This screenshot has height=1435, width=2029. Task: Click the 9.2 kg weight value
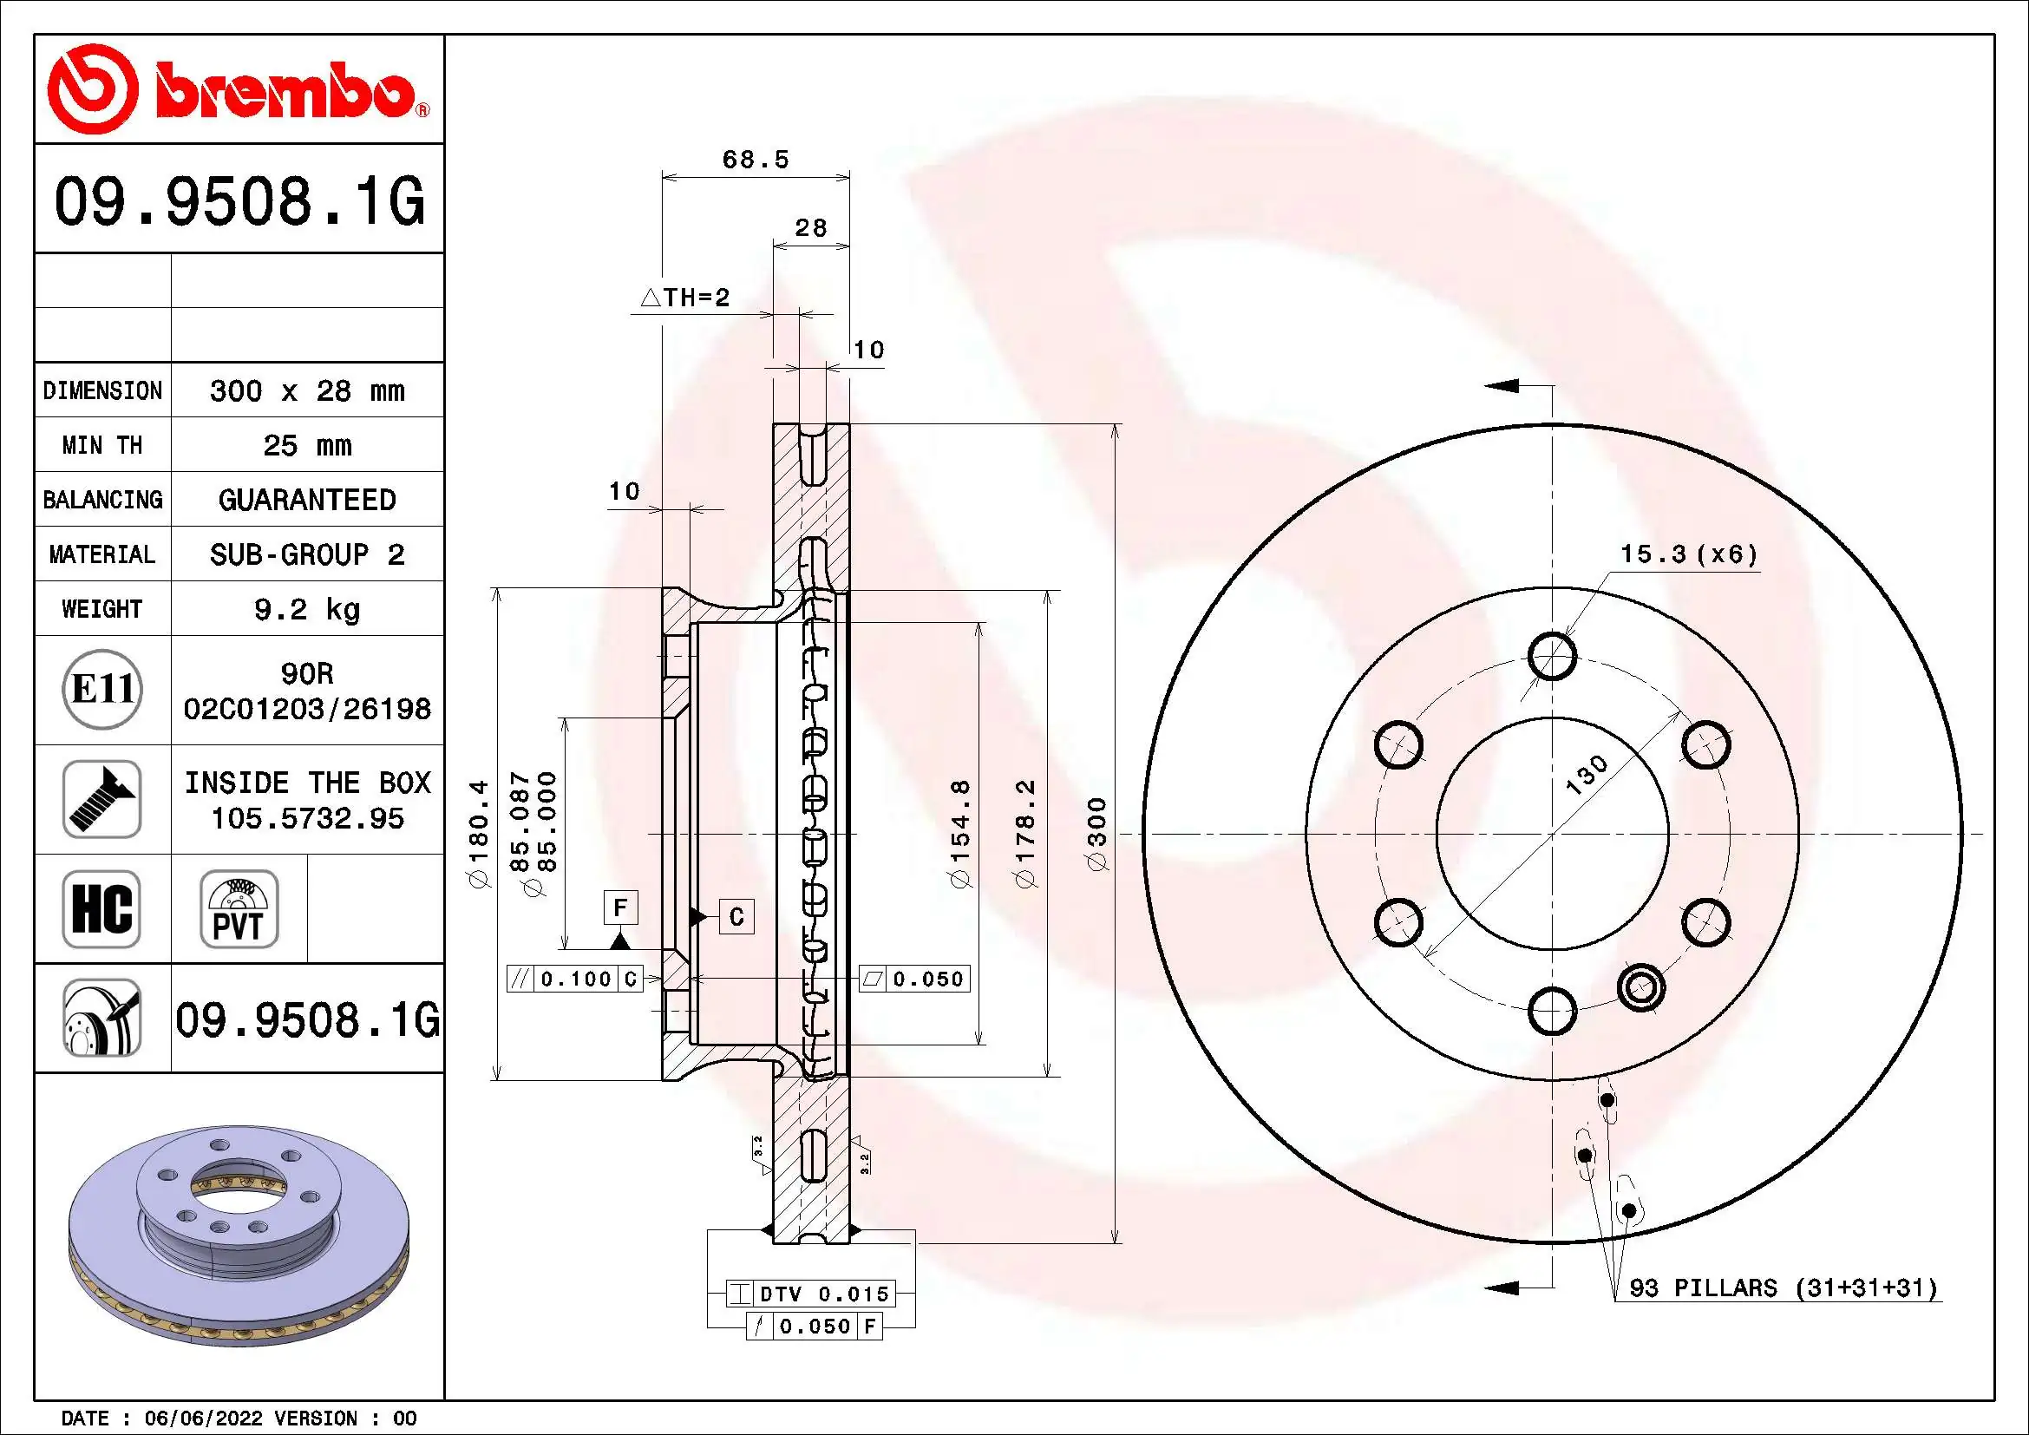pyautogui.click(x=306, y=609)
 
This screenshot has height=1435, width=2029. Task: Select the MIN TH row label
pyautogui.click(x=102, y=445)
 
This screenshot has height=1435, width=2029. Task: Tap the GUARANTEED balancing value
pyautogui.click(x=306, y=500)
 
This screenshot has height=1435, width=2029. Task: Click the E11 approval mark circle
pyautogui.click(x=102, y=689)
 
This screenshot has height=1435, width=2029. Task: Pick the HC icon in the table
pyautogui.click(x=101, y=908)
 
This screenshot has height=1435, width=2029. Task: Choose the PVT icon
pyautogui.click(x=239, y=908)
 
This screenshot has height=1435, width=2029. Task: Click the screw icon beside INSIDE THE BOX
pyautogui.click(x=101, y=799)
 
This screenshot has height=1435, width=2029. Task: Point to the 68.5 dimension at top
pyautogui.click(x=755, y=160)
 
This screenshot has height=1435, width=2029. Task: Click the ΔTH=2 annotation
pyautogui.click(x=686, y=298)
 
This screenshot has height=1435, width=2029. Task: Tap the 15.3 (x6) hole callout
pyautogui.click(x=1688, y=555)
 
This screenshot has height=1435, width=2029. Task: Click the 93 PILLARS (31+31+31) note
pyautogui.click(x=1784, y=1288)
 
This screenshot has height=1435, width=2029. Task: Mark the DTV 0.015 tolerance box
pyautogui.click(x=810, y=1294)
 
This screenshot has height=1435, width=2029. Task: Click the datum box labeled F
pyautogui.click(x=620, y=908)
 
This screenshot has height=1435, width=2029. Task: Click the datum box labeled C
pyautogui.click(x=736, y=917)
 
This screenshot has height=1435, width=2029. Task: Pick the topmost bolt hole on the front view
pyautogui.click(x=1552, y=656)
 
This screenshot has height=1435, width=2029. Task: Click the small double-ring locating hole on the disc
pyautogui.click(x=1641, y=986)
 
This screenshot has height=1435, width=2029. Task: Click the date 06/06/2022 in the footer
pyautogui.click(x=203, y=1419)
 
